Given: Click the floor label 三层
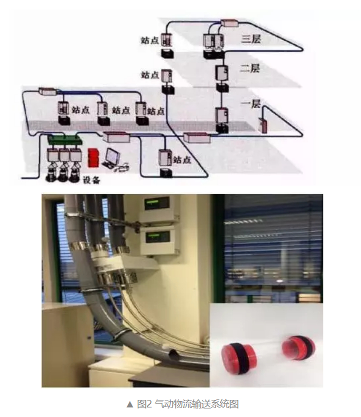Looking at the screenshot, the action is (x=251, y=39).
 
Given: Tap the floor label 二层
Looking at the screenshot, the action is (x=250, y=69).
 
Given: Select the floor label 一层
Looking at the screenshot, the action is (x=251, y=103).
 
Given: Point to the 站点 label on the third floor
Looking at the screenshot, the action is (x=150, y=40).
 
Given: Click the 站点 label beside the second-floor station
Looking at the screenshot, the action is (x=150, y=75).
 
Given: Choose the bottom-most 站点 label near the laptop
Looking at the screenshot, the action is (x=182, y=160).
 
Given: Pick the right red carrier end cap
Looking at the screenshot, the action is (x=298, y=348).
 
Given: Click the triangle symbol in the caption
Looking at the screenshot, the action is (x=130, y=404).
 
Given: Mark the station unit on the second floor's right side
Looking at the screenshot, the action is (x=222, y=73).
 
